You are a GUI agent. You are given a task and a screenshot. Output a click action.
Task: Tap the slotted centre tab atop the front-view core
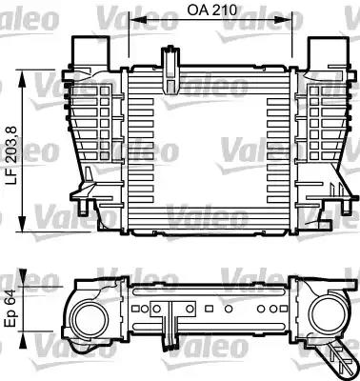173,63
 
